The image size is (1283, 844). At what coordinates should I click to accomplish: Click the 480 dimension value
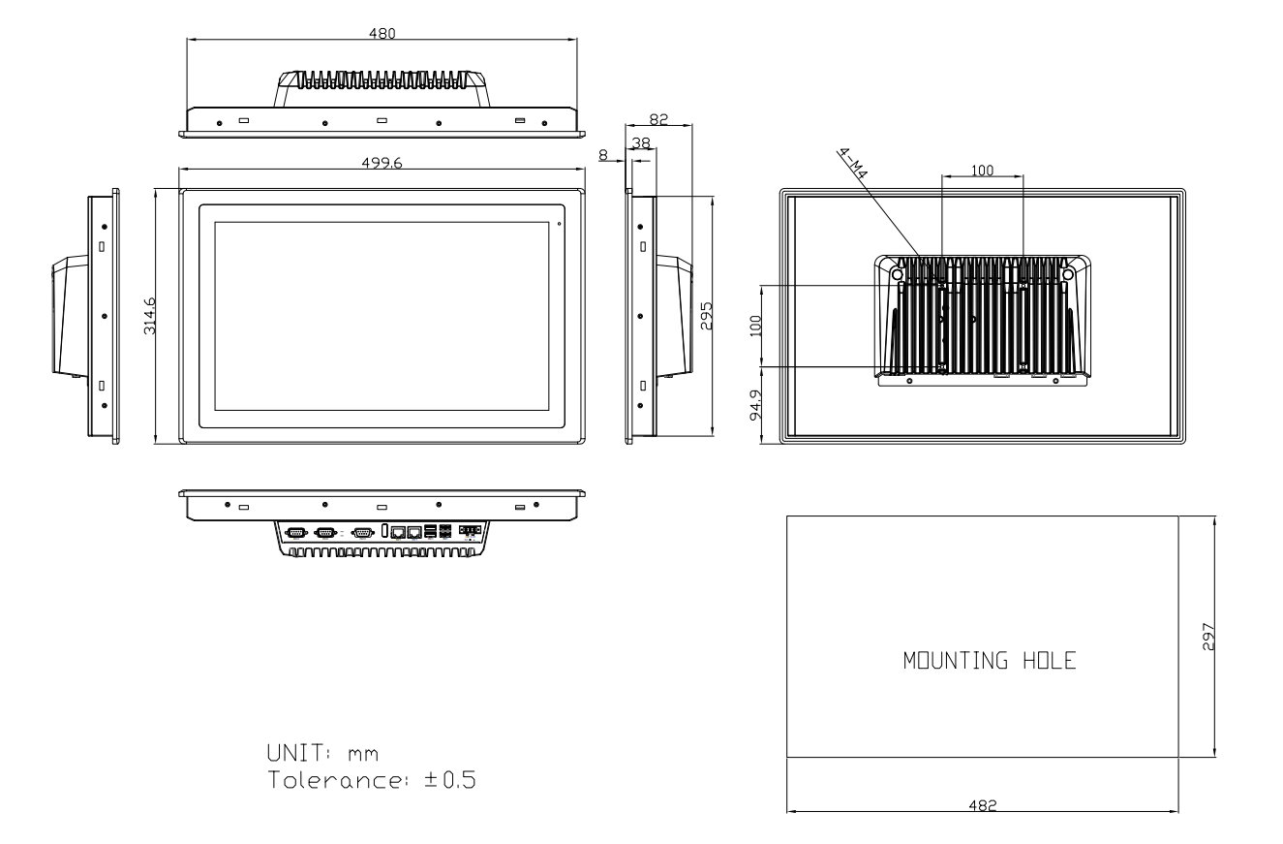pyautogui.click(x=382, y=33)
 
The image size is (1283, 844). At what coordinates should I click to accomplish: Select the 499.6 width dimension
pyautogui.click(x=382, y=163)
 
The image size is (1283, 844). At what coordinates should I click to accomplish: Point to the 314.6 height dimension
pyautogui.click(x=149, y=315)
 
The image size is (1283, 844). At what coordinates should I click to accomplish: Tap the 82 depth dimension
pyautogui.click(x=658, y=118)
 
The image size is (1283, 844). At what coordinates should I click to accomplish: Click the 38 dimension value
pyautogui.click(x=641, y=142)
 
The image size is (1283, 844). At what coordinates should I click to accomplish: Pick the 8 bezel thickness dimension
pyautogui.click(x=603, y=155)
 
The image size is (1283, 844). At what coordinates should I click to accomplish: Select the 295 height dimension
pyautogui.click(x=707, y=316)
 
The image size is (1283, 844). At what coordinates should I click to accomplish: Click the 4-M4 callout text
pyautogui.click(x=853, y=164)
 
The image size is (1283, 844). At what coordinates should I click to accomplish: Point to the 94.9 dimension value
pyautogui.click(x=756, y=405)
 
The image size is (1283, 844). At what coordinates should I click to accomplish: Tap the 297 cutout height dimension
pyautogui.click(x=1208, y=637)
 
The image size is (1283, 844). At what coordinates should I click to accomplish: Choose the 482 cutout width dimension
pyautogui.click(x=983, y=805)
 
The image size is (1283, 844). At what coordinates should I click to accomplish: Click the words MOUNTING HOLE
pyautogui.click(x=990, y=661)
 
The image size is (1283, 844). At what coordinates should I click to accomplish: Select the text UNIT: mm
pyautogui.click(x=323, y=753)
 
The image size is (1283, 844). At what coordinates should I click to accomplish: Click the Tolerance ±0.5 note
pyautogui.click(x=372, y=780)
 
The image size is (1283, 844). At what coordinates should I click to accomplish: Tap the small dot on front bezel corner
pyautogui.click(x=559, y=224)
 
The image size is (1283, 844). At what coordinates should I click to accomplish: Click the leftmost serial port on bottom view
pyautogui.click(x=296, y=533)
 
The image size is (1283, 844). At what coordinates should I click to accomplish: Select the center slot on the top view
pyautogui.click(x=382, y=120)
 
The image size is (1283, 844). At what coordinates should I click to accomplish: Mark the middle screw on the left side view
pyautogui.click(x=105, y=316)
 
